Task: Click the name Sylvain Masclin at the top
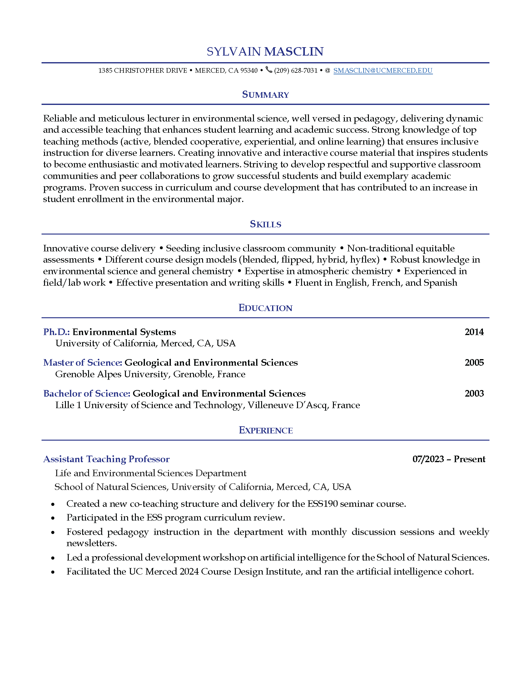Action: point(265,52)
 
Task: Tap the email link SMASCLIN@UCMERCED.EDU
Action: point(383,71)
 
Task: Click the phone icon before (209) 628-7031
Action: point(269,70)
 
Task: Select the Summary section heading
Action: point(265,95)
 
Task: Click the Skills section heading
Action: point(265,224)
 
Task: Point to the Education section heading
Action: point(265,308)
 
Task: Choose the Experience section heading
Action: point(265,430)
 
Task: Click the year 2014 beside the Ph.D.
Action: point(474,332)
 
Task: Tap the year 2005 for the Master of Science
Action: point(474,363)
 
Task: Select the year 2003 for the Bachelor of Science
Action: point(474,393)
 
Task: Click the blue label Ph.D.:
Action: point(56,332)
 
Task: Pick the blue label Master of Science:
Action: point(82,363)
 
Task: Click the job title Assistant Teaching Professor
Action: point(106,459)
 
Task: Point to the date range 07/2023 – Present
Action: point(449,459)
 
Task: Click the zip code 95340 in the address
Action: point(249,71)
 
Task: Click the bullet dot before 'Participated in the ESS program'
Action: point(53,518)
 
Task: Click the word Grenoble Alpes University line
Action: point(150,374)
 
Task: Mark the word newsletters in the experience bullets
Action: point(92,543)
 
